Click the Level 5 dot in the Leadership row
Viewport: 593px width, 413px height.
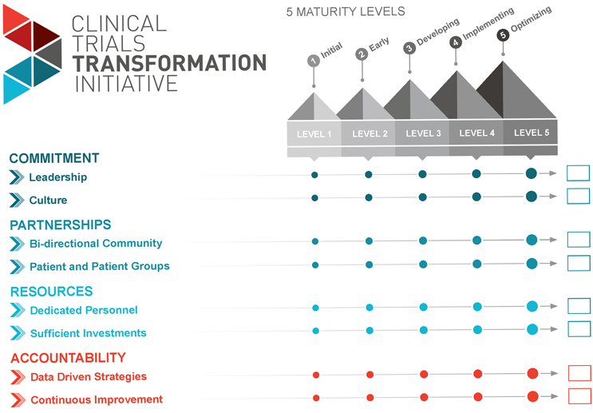coord(531,173)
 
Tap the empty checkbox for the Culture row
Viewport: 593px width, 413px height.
coord(578,197)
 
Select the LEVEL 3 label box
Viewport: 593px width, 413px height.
coord(423,133)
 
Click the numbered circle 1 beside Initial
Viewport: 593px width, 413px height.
coord(314,61)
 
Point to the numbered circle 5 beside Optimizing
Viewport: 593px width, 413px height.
coord(502,35)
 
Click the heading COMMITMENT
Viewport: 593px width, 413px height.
coord(54,158)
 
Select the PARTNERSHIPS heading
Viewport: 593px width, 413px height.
coord(61,225)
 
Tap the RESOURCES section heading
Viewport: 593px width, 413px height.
coord(51,292)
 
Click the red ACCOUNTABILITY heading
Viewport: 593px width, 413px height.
coord(68,358)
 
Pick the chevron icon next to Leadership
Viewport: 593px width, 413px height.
coord(17,177)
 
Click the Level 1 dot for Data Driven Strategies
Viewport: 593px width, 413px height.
coord(316,375)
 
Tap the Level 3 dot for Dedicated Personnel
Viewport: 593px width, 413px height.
coord(423,307)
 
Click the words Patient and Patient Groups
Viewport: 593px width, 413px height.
coord(99,266)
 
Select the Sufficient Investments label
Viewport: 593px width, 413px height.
coord(88,333)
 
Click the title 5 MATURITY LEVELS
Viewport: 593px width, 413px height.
coord(346,12)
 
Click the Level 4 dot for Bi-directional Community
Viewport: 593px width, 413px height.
coord(476,240)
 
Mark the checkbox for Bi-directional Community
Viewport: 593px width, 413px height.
coord(578,240)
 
